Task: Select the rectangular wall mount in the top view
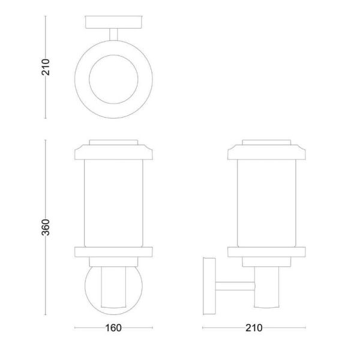coord(113,22)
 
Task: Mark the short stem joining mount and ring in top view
coord(113,34)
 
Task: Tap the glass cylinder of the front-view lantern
coord(113,201)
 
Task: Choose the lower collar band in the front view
coord(113,251)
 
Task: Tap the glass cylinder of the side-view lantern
coord(268,201)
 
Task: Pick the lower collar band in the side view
coord(268,251)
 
